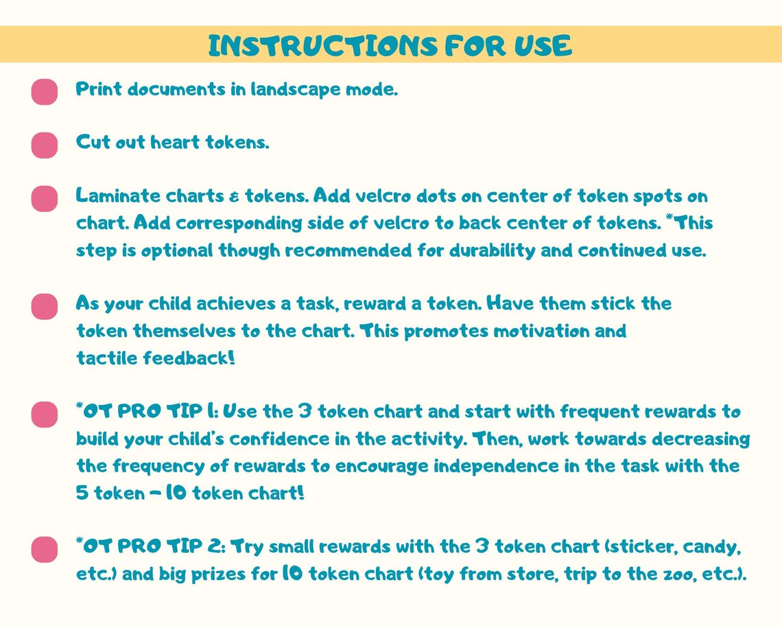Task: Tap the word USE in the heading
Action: click(x=543, y=45)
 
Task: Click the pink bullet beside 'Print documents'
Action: click(x=45, y=92)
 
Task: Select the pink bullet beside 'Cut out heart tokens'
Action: click(x=45, y=146)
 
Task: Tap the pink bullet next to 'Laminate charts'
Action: click(x=45, y=198)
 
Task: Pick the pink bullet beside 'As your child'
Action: click(x=45, y=307)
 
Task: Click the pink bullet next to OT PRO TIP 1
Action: click(x=45, y=415)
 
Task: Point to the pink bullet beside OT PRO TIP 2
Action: click(x=45, y=550)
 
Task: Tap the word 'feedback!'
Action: click(x=189, y=358)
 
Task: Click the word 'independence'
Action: click(x=496, y=466)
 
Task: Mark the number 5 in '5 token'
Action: click(x=82, y=494)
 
